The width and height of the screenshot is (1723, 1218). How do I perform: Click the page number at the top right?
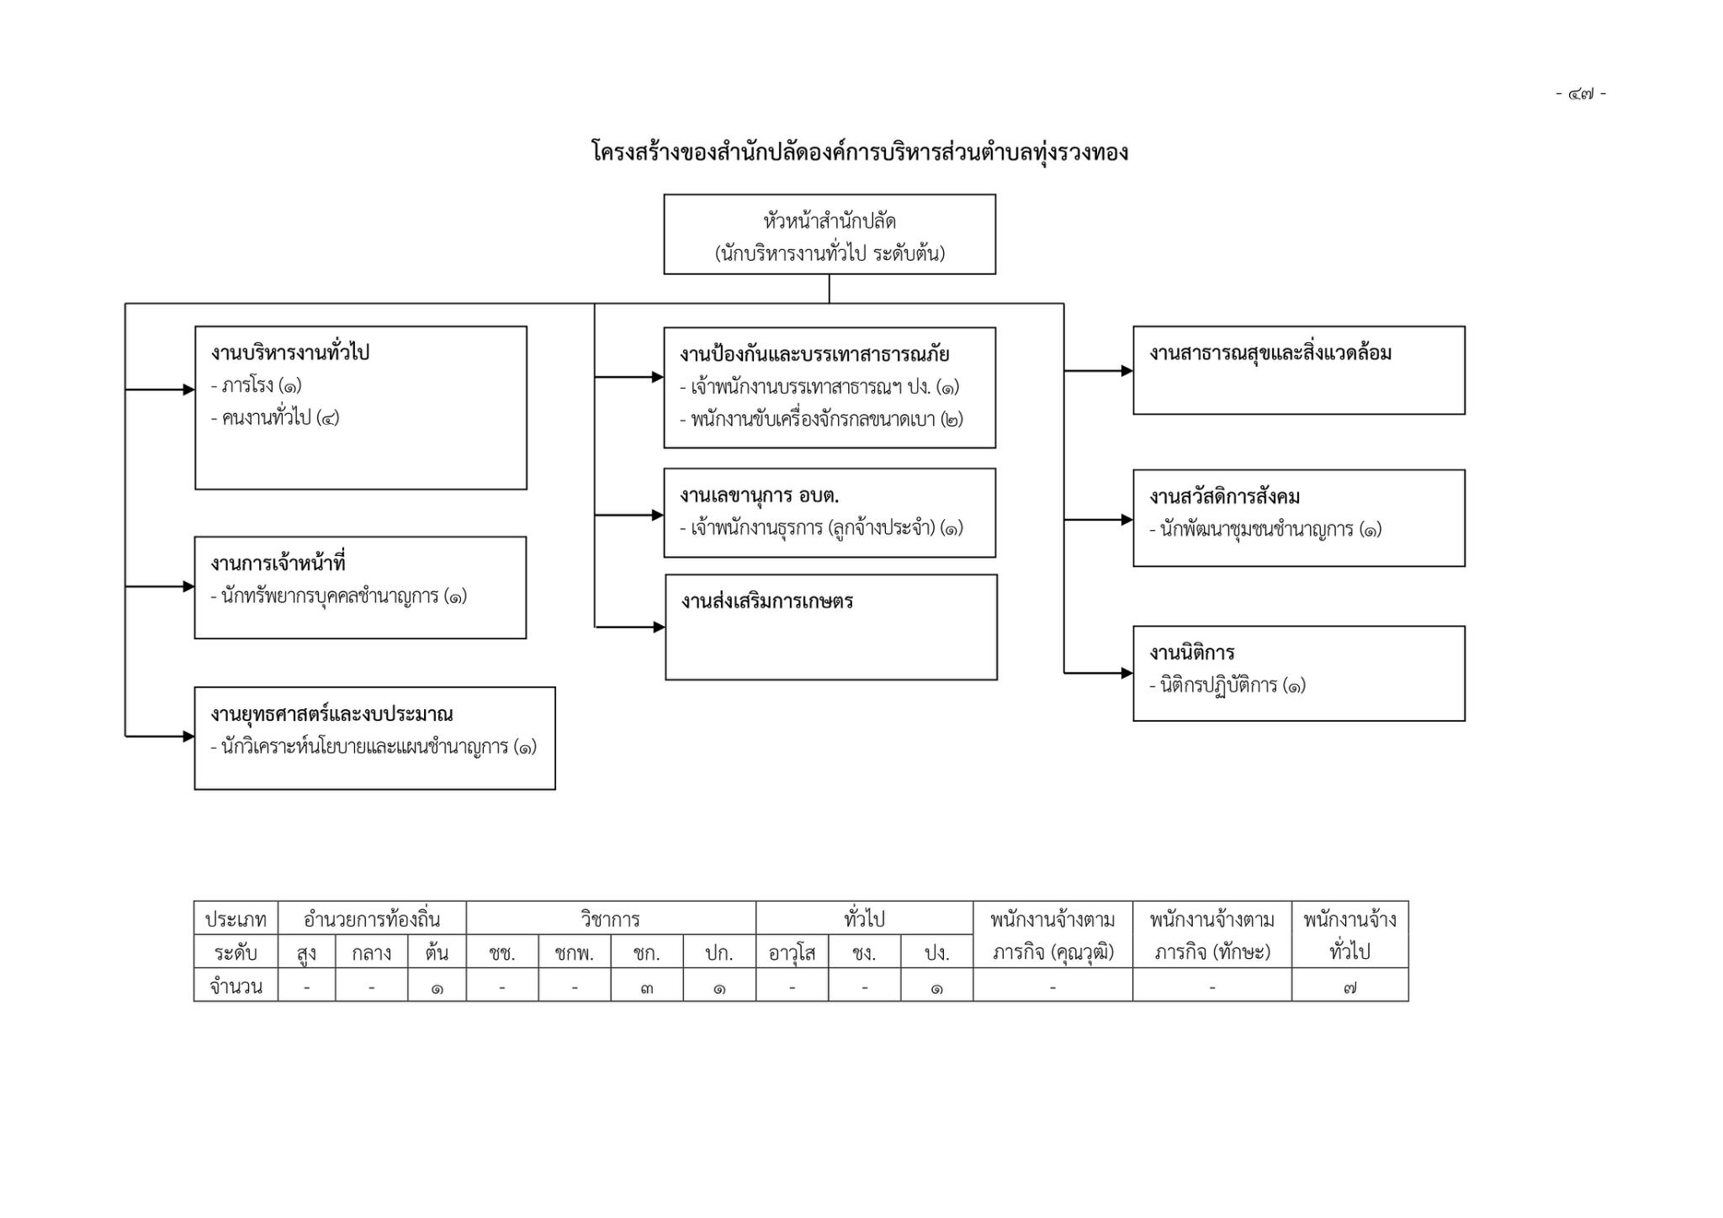pos(1581,93)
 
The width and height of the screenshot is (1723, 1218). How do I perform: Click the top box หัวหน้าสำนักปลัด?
pos(830,235)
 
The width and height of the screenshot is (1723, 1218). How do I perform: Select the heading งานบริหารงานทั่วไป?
pos(290,352)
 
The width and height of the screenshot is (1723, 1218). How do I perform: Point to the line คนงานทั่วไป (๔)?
pos(275,417)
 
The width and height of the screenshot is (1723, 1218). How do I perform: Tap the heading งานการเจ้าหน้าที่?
pos(278,563)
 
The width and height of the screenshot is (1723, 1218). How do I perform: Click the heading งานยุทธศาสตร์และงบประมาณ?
pos(331,714)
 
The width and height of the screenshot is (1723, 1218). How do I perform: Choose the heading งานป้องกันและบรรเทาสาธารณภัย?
pos(814,354)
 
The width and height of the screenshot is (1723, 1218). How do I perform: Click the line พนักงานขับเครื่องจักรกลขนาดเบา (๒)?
pos(822,419)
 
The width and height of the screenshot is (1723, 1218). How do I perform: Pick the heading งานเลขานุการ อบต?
pos(760,495)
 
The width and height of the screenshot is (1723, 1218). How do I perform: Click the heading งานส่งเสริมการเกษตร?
pos(767,601)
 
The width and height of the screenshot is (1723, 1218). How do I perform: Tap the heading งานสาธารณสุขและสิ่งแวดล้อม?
pos(1270,352)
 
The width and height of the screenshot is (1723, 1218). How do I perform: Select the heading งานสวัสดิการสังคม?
pos(1225,496)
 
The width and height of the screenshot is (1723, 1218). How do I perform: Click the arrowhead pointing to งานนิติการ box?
pos(1127,673)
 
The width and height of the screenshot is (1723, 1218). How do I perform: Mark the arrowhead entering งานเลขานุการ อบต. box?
pos(658,515)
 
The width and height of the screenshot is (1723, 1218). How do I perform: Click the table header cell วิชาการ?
pos(611,919)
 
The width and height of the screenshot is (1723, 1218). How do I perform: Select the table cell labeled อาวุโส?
pos(792,953)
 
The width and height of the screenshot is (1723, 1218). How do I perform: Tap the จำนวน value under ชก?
pos(646,988)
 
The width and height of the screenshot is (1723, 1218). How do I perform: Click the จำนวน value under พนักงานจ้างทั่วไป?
pos(1349,988)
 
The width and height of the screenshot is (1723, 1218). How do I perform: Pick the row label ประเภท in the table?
pos(236,919)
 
